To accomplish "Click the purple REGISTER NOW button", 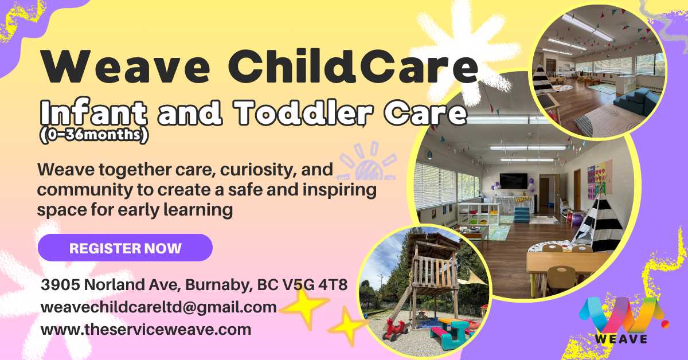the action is pyautogui.click(x=125, y=248).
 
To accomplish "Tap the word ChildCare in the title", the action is pyautogui.click(x=353, y=66).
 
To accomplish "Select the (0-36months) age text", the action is pyautogui.click(x=94, y=135).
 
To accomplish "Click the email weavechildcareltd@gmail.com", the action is pyautogui.click(x=159, y=307).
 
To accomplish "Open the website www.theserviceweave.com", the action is pyautogui.click(x=146, y=330).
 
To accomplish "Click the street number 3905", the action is pyautogui.click(x=60, y=285).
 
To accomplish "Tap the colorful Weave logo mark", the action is pyautogui.click(x=624, y=314).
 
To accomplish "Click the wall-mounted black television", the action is pyautogui.click(x=513, y=181).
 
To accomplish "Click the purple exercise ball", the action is pyautogui.click(x=577, y=220).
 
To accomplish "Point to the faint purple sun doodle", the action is pyautogui.click(x=367, y=161).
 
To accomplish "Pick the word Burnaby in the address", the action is pyautogui.click(x=219, y=285).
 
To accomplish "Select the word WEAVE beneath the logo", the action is pyautogui.click(x=621, y=339).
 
